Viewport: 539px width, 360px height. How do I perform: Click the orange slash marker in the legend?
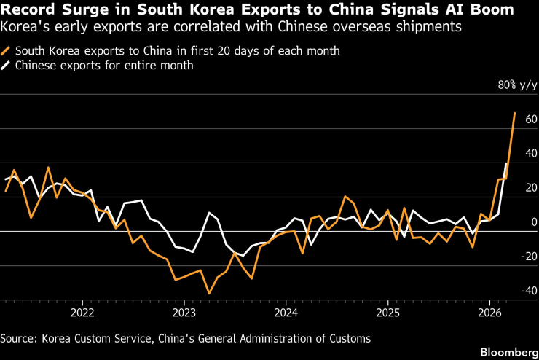7,52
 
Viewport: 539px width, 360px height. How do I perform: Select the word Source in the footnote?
20,338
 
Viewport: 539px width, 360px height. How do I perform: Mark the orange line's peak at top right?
514,113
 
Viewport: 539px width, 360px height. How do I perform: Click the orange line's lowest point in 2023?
209,293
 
